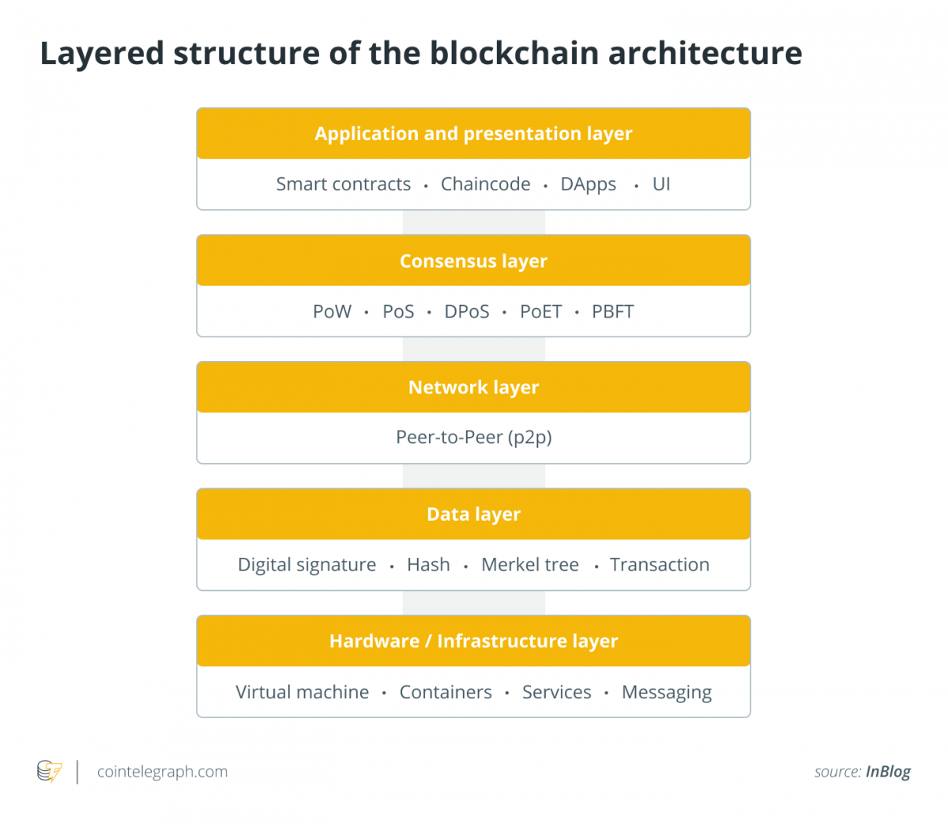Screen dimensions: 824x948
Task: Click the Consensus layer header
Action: [473, 261]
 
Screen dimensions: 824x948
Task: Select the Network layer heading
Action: [473, 387]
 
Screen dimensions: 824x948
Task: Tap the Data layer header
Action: [473, 514]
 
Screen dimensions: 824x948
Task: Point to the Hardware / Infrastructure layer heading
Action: [473, 641]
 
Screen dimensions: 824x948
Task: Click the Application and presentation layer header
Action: [473, 134]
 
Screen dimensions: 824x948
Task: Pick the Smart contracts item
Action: [343, 184]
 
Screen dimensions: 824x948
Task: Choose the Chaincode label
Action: [485, 184]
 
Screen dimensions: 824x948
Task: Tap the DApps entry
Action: [589, 185]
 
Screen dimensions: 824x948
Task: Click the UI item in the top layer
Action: [661, 184]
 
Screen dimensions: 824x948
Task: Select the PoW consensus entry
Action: [332, 311]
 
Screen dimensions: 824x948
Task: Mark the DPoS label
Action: [467, 311]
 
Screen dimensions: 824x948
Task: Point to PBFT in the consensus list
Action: [612, 311]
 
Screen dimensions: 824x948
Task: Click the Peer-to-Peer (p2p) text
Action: [473, 438]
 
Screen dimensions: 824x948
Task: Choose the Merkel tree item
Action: [530, 565]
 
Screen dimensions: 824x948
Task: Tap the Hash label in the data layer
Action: [428, 565]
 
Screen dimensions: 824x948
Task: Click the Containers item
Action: [446, 692]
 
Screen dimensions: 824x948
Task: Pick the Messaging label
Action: [667, 693]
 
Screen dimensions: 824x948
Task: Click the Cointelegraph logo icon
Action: [50, 771]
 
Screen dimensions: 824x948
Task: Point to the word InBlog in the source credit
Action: [888, 772]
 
